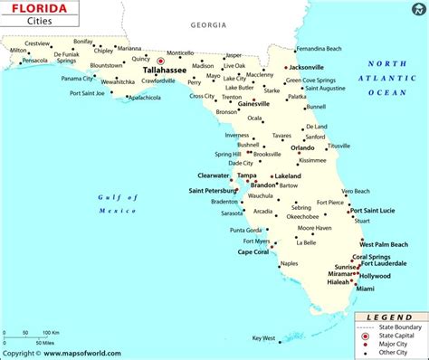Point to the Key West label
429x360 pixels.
tap(262, 338)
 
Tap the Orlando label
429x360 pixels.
tap(302, 148)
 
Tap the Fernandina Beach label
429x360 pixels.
tap(321, 47)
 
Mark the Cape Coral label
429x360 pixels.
tap(253, 252)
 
